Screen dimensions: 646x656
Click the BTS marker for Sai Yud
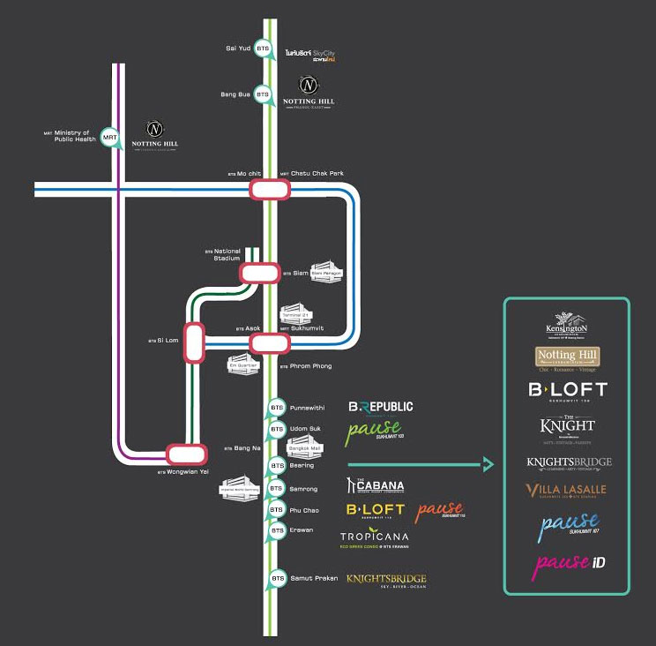tap(263, 50)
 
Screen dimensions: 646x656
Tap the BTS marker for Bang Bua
tap(263, 94)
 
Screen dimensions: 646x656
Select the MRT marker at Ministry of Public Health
tap(109, 138)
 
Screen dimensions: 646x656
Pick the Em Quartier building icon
tap(241, 363)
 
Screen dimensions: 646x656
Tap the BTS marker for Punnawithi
tap(278, 408)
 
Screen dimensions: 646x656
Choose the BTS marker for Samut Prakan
tap(278, 578)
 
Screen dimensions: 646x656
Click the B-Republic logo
tap(380, 407)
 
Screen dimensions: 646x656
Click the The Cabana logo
tap(376, 486)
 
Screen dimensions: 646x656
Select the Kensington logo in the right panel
tap(566, 324)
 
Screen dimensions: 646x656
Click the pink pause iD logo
tap(566, 562)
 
